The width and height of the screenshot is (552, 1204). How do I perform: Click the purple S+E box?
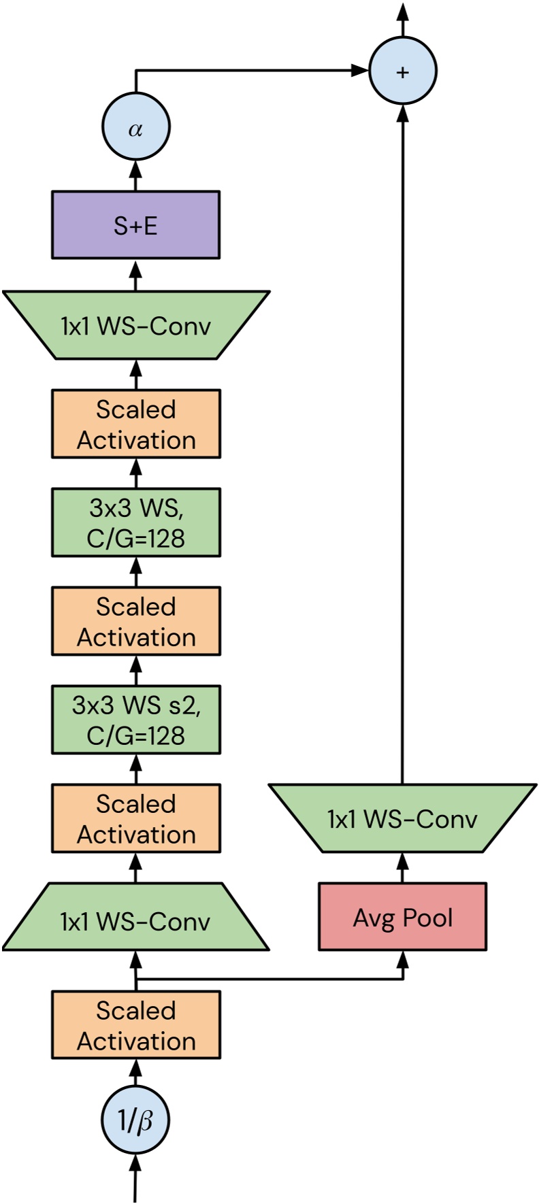point(135,225)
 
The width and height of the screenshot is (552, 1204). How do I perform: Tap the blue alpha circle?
point(135,127)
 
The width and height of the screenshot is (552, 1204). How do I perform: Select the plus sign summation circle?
point(402,71)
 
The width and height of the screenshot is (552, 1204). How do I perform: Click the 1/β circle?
point(135,1120)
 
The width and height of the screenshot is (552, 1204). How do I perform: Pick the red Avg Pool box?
point(402,917)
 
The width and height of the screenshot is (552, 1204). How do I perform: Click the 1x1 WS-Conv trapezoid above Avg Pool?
point(402,818)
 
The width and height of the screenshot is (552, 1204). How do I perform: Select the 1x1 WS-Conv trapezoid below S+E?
point(135,325)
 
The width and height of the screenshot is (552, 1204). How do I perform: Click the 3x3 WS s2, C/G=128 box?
point(135,720)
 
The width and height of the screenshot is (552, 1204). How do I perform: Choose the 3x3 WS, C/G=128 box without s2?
point(135,522)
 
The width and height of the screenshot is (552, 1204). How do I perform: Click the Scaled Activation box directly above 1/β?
point(135,1025)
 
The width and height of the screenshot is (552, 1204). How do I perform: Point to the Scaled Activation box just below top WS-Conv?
point(135,424)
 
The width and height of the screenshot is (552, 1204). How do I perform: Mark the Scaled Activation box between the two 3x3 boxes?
point(135,621)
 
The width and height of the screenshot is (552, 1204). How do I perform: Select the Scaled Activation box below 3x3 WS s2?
point(135,818)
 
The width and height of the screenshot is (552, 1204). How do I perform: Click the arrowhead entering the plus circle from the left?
point(359,69)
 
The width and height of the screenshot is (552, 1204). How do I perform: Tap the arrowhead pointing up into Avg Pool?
point(402,958)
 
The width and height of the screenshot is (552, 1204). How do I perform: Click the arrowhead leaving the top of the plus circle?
point(403,11)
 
